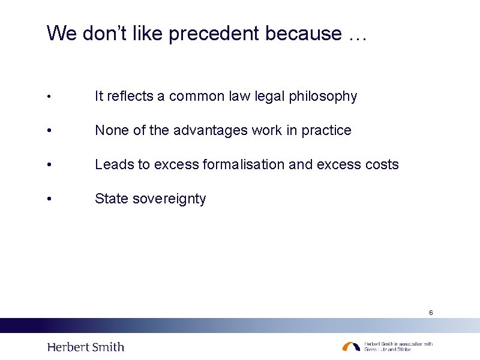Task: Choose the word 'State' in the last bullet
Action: click(x=111, y=199)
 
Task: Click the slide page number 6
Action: click(x=431, y=313)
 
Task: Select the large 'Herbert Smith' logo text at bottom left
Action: click(x=86, y=347)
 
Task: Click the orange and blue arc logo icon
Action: click(x=352, y=346)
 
